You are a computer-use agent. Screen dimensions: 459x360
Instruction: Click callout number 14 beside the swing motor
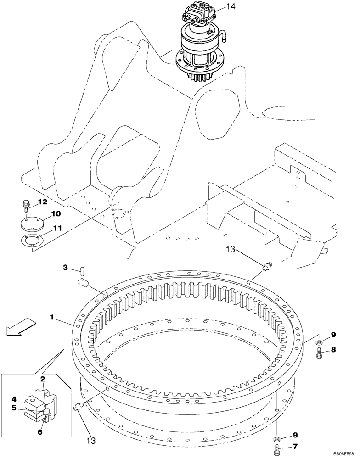(x=231, y=7)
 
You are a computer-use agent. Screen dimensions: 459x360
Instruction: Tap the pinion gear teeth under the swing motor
(x=202, y=76)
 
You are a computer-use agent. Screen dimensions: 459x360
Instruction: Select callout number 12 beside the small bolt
(x=42, y=202)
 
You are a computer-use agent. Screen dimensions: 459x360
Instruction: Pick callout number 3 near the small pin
(x=65, y=267)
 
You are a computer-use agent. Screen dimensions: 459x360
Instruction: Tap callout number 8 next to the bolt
(x=333, y=349)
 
